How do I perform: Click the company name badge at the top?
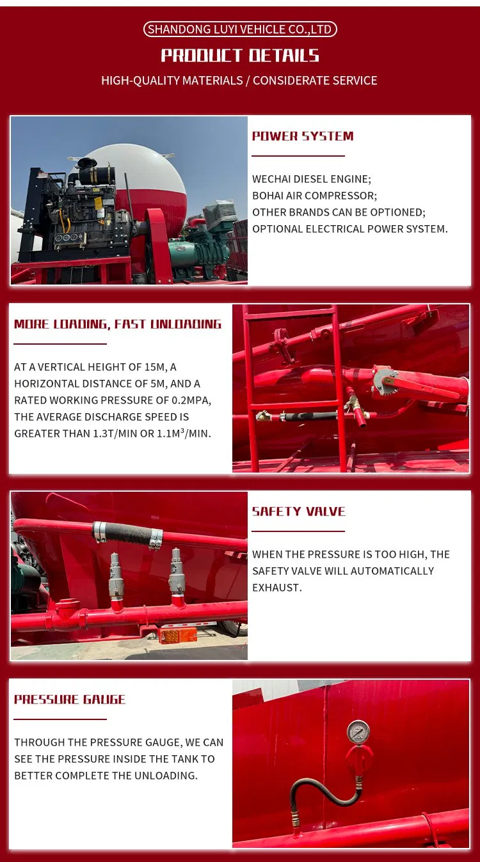click(240, 29)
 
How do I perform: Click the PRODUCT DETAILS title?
click(240, 56)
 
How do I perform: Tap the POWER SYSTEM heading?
click(303, 136)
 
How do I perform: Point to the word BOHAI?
click(268, 196)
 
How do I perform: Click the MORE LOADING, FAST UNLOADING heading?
click(118, 324)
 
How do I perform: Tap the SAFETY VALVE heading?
click(298, 512)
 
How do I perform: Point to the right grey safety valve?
click(176, 568)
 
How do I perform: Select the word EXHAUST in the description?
click(276, 588)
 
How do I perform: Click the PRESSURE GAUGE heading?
click(70, 700)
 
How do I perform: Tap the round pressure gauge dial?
click(358, 732)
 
